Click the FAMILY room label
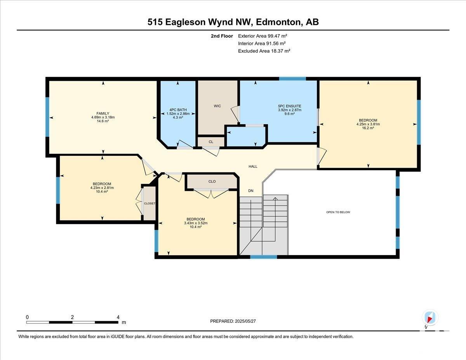click(103, 113)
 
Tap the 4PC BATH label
click(178, 110)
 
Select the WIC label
click(217, 106)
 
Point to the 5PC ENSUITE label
click(290, 106)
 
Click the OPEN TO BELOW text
click(338, 212)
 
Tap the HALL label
click(253, 166)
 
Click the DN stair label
click(251, 191)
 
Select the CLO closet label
click(212, 181)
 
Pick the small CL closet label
click(211, 142)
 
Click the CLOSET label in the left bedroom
click(150, 203)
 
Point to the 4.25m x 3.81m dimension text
click(368, 124)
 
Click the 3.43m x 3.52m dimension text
click(196, 223)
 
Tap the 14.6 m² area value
click(103, 121)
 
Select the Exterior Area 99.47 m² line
click(263, 36)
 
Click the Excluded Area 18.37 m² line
click(264, 51)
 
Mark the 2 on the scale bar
click(72, 317)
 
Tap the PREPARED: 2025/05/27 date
click(233, 321)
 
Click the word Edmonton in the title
click(278, 22)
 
